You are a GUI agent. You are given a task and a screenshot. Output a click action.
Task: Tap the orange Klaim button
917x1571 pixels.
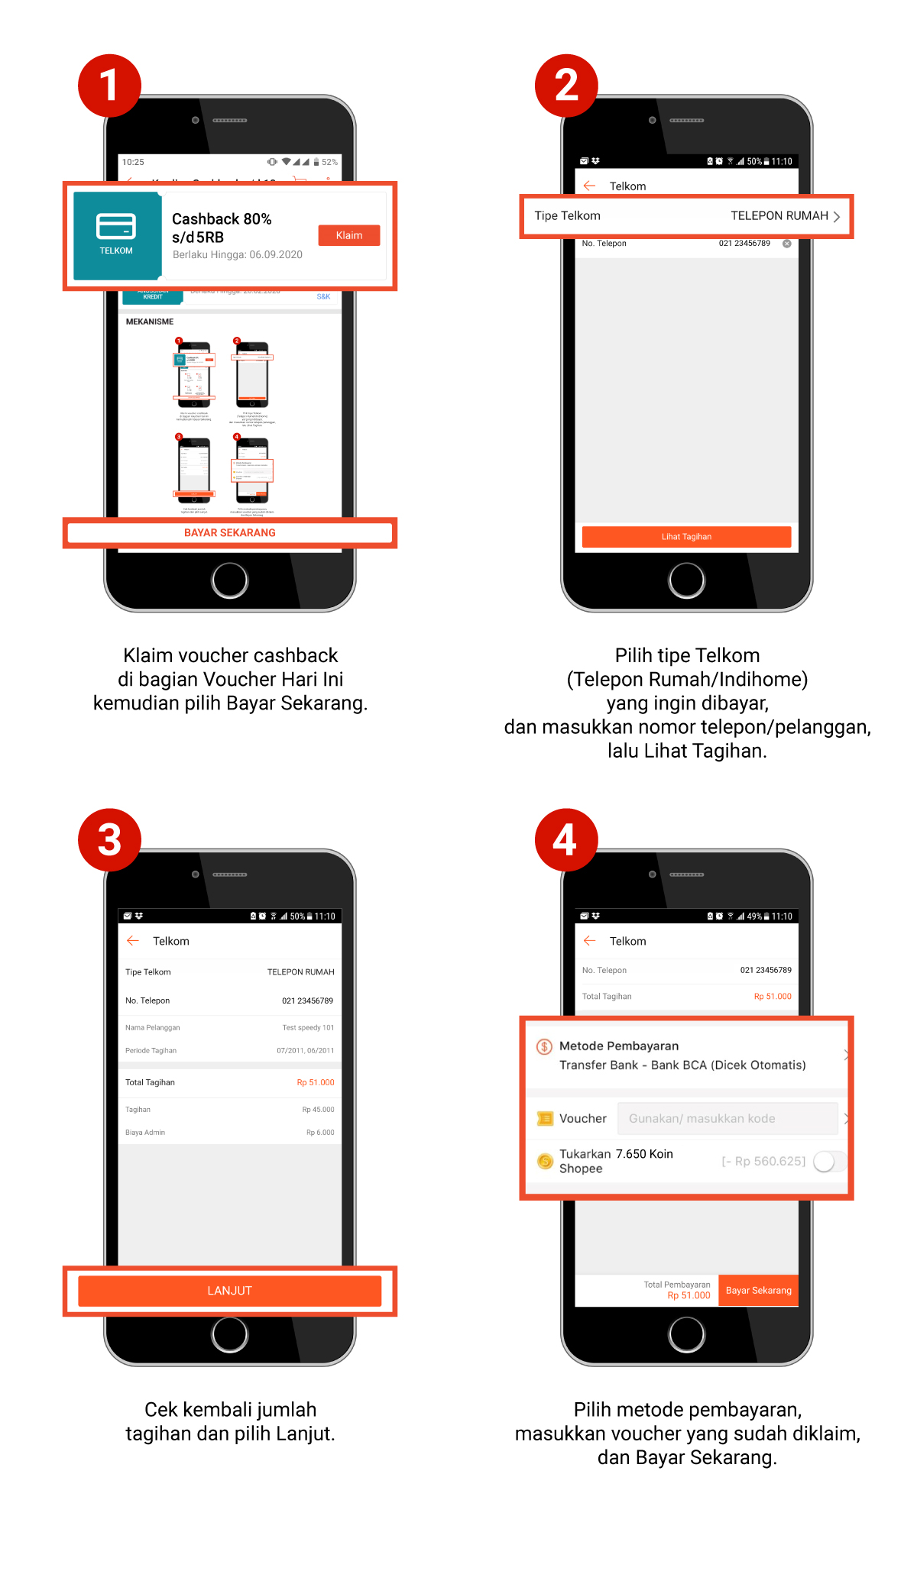coord(348,235)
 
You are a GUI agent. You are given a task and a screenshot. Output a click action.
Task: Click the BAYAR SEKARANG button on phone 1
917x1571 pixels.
coord(229,532)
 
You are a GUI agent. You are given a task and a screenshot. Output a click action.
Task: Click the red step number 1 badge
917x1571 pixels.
coord(109,85)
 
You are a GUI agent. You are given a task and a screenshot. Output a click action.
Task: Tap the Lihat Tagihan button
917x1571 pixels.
coord(685,536)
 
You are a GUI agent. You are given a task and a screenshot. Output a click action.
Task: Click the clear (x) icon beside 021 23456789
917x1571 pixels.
coord(786,244)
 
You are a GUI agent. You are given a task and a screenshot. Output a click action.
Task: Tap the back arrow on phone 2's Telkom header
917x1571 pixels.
coord(589,186)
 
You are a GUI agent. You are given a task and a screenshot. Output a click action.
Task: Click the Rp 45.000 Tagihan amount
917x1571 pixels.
coord(318,1109)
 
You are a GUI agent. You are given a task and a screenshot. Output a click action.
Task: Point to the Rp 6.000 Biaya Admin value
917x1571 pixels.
coord(320,1132)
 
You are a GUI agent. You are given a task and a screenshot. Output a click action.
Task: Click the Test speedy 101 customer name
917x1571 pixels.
coord(308,1027)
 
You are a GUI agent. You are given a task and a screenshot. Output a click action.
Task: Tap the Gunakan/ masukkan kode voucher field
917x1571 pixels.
coord(727,1118)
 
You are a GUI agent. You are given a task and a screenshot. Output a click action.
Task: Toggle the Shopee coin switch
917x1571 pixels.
coord(829,1161)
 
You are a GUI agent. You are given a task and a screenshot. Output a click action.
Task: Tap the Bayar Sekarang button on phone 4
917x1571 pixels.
coord(758,1290)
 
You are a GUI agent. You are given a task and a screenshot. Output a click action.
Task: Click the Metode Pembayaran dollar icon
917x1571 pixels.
coord(544,1046)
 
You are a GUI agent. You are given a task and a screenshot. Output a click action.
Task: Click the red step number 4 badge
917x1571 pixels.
coord(565,839)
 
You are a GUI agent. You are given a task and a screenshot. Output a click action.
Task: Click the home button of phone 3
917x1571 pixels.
coord(229,1334)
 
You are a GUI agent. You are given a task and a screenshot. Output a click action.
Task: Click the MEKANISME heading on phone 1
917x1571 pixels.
coord(150,322)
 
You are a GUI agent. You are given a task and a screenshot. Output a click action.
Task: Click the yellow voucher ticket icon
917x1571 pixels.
coord(545,1118)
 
